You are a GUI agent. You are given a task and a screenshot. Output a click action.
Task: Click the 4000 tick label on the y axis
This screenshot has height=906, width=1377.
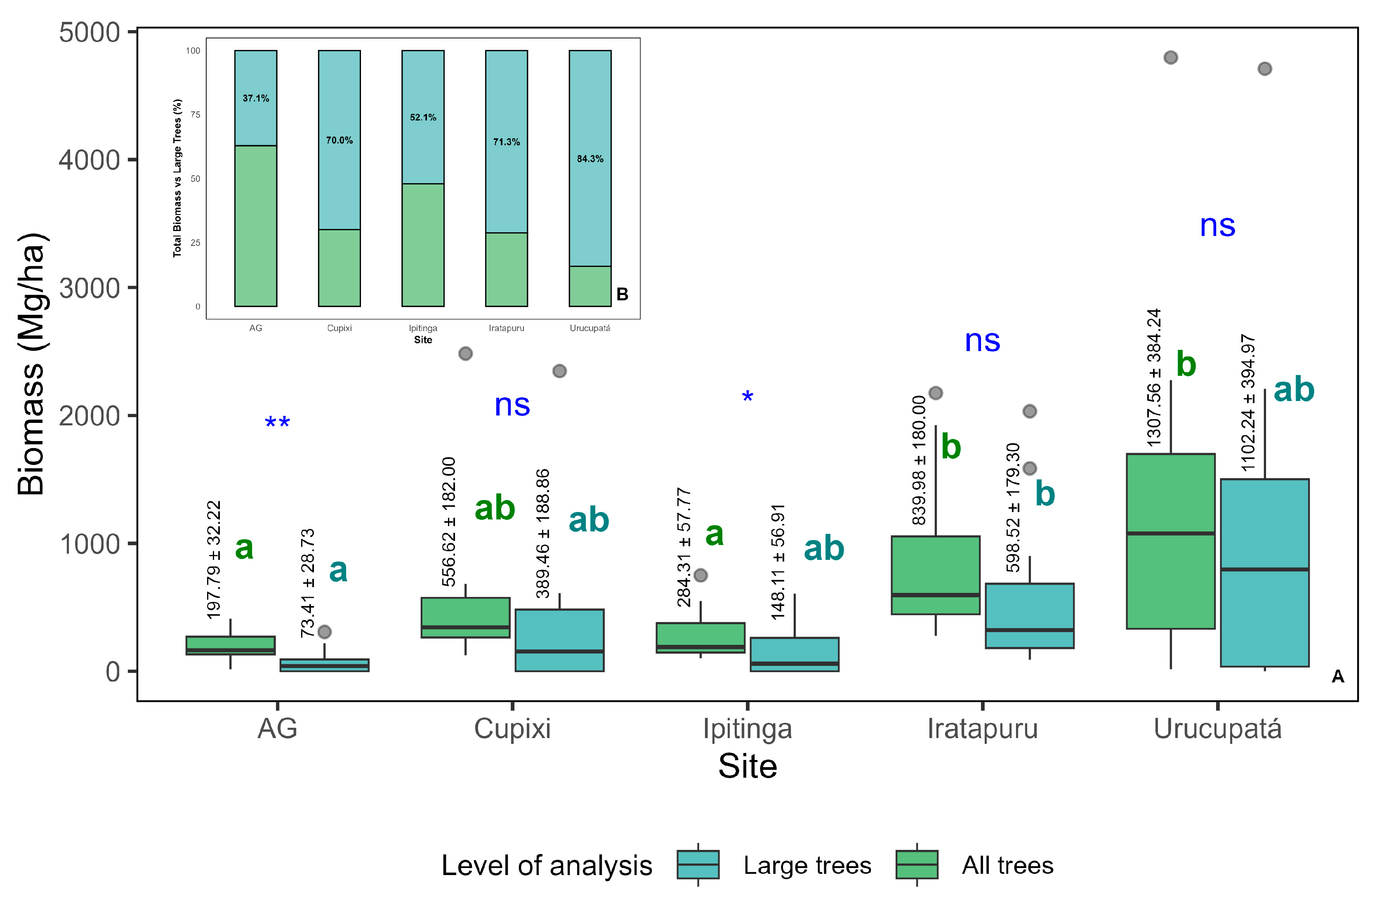click(x=89, y=160)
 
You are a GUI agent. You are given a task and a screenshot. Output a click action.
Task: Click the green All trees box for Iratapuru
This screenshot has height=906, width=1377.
click(x=936, y=575)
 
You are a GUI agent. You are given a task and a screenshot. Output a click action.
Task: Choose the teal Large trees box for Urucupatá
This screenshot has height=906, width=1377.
click(x=1265, y=573)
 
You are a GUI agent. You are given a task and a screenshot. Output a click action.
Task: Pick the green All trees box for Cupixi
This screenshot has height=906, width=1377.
click(x=465, y=617)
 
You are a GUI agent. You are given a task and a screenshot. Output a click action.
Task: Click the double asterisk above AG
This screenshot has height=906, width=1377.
click(x=277, y=423)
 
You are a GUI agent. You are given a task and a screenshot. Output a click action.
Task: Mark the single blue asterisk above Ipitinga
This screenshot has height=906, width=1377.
click(x=747, y=397)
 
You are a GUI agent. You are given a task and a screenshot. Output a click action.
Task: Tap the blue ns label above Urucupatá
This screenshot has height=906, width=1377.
click(x=1217, y=226)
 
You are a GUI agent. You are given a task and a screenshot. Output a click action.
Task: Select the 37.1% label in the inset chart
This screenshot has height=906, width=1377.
click(x=256, y=98)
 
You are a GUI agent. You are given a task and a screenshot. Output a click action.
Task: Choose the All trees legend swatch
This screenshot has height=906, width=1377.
click(x=917, y=864)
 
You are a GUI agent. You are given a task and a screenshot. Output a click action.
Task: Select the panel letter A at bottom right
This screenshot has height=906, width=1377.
click(x=1338, y=676)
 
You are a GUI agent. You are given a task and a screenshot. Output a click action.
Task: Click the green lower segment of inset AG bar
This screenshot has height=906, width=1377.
click(x=256, y=226)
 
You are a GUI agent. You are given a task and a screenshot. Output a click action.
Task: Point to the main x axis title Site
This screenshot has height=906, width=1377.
click(x=747, y=767)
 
